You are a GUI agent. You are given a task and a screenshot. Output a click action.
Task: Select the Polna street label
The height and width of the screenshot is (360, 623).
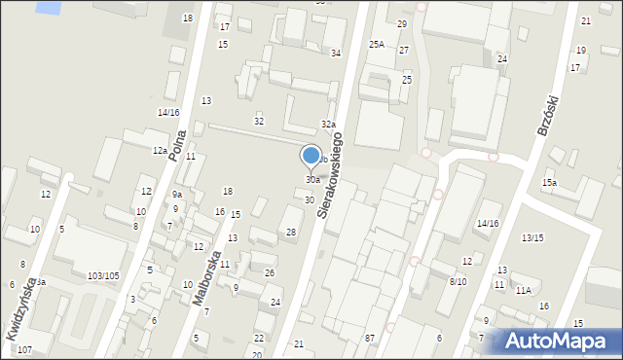click(176, 145)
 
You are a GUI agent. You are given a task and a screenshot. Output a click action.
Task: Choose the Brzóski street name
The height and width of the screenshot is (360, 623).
click(545, 116)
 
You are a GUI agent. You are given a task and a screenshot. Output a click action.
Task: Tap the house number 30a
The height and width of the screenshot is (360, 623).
click(312, 180)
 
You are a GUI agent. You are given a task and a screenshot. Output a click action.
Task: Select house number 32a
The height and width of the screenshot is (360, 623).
click(329, 125)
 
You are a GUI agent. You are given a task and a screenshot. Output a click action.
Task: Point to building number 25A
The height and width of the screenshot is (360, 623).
click(377, 44)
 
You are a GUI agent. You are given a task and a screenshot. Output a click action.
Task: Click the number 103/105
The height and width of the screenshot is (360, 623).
click(103, 276)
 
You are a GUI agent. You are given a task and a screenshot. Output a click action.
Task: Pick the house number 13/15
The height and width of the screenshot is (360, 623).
click(531, 238)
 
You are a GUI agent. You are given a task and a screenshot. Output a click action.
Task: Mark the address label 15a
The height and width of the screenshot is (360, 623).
click(550, 183)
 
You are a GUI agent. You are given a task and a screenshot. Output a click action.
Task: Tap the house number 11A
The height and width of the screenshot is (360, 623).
click(524, 290)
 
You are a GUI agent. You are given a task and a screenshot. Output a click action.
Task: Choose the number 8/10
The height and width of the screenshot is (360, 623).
click(458, 281)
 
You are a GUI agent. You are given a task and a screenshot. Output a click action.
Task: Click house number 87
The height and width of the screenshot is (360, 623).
click(370, 338)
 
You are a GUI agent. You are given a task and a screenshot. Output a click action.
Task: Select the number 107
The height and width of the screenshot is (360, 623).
click(24, 349)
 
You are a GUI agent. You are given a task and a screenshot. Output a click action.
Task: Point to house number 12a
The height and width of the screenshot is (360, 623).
click(159, 151)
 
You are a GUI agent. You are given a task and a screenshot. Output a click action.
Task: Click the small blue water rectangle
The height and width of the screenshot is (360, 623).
click(45, 7)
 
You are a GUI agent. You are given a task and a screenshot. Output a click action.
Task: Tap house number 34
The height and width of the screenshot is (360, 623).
click(336, 53)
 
